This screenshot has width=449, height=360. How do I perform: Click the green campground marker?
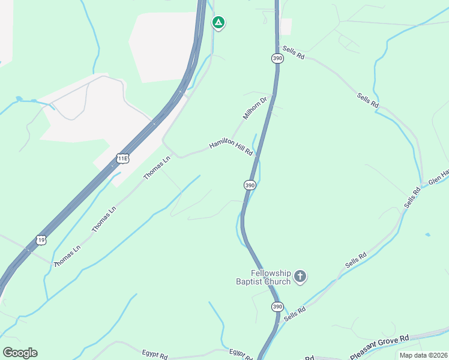pyautogui.click(x=219, y=23)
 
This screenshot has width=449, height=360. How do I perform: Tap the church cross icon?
pyautogui.click(x=300, y=277)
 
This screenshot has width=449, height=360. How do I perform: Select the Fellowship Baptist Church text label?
pyautogui.click(x=263, y=277)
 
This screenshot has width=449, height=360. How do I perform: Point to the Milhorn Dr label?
pyautogui.click(x=255, y=107)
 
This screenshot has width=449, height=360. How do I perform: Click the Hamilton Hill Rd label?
pyautogui.click(x=231, y=149)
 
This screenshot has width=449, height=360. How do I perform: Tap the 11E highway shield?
pyautogui.click(x=123, y=158)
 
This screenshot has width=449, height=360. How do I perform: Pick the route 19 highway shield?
pyautogui.click(x=41, y=239)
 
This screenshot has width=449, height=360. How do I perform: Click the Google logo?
pyautogui.click(x=20, y=353)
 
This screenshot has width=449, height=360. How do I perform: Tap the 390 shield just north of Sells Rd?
pyautogui.click(x=277, y=58)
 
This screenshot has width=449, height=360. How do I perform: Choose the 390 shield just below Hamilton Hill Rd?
pyautogui.click(x=250, y=185)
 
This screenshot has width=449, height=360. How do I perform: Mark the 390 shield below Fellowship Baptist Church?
pyautogui.click(x=276, y=307)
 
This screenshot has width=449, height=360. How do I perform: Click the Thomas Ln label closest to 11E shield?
pyautogui.click(x=157, y=167)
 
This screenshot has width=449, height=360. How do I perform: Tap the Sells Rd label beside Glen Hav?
pyautogui.click(x=412, y=197)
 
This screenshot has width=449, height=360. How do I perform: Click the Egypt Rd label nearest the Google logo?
pyautogui.click(x=155, y=354)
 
